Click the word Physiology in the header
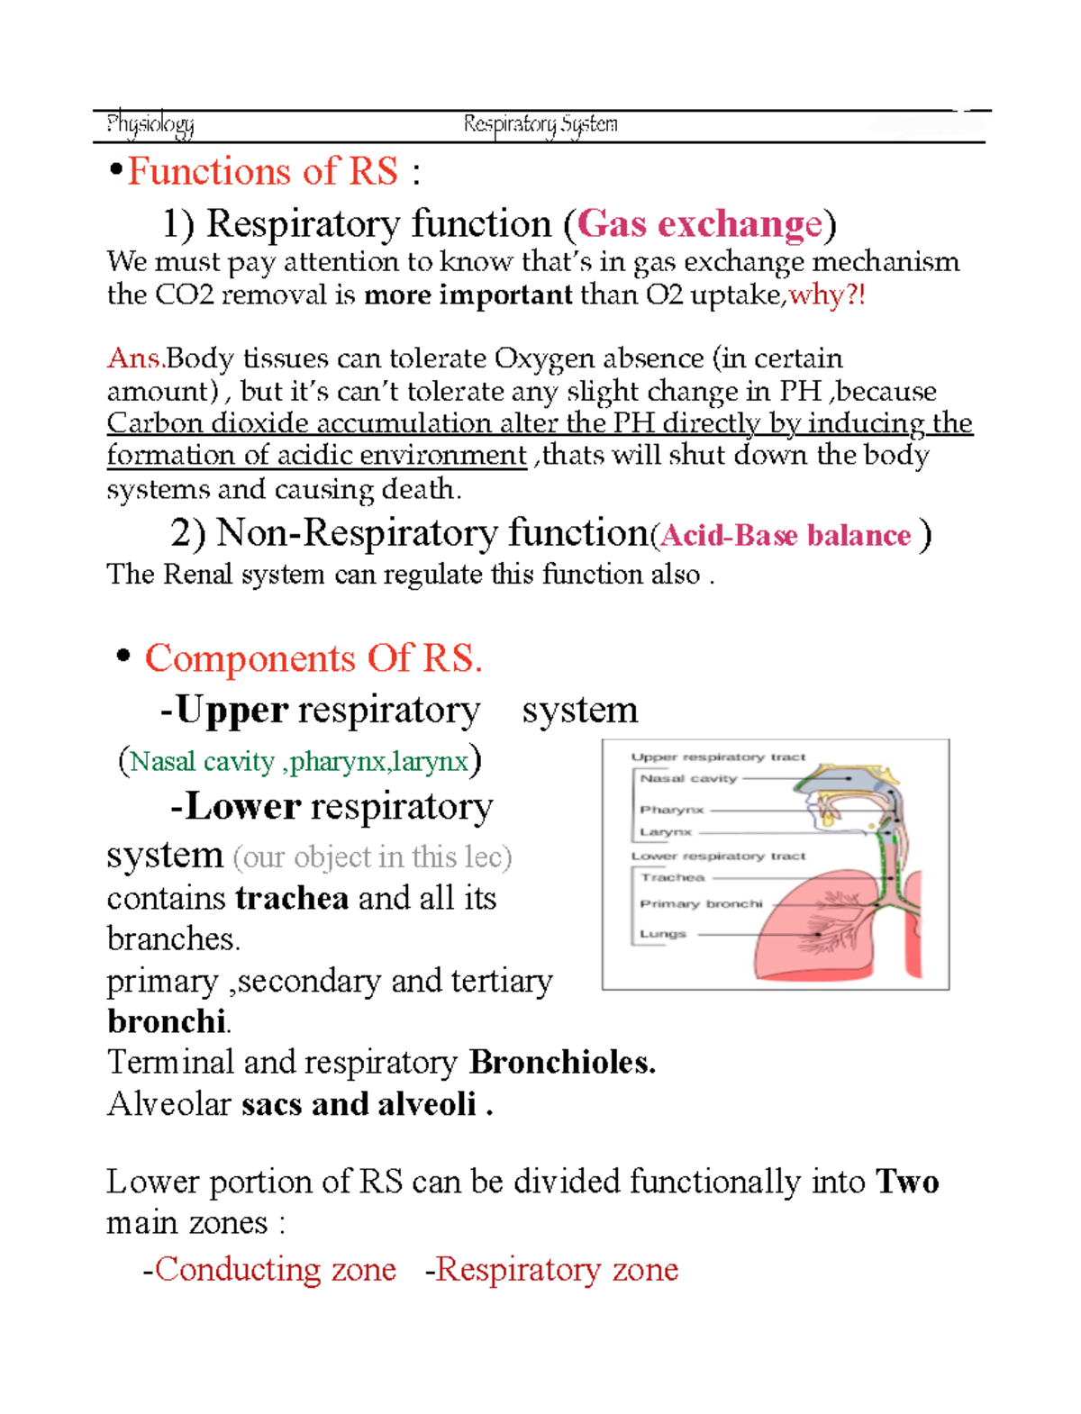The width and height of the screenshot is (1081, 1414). [150, 124]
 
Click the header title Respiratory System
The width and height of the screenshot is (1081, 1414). [540, 124]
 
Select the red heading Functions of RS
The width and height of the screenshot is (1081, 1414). [262, 171]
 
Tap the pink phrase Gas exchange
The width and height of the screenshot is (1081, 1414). [699, 223]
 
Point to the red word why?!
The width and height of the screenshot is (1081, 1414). [827, 295]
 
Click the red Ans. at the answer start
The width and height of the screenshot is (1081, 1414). [135, 358]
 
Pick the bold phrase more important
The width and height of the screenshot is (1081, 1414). [468, 295]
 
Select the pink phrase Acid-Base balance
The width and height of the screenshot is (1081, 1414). [786, 535]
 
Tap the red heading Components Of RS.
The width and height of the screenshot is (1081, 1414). [313, 658]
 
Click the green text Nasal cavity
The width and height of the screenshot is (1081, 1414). [203, 762]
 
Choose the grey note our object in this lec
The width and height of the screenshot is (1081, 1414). [372, 857]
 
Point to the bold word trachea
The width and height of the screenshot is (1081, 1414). [291, 898]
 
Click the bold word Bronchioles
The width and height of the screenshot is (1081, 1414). [562, 1063]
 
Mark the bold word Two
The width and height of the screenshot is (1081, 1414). [907, 1182]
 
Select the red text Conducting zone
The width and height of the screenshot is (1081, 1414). [275, 1269]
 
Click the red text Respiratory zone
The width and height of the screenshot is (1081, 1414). [557, 1269]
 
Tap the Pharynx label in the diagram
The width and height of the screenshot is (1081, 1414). [671, 810]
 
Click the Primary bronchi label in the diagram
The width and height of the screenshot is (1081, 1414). [701, 903]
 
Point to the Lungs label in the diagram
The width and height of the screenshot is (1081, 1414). [663, 934]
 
